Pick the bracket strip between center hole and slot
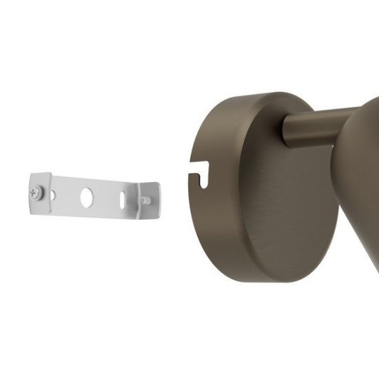105,198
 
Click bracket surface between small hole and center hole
69,196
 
